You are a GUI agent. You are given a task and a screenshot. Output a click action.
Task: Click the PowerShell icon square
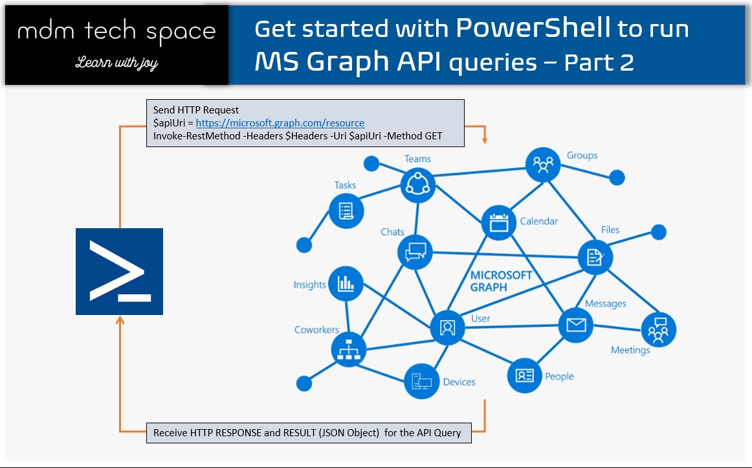pyautogui.click(x=119, y=272)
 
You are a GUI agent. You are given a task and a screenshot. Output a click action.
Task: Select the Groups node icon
pyautogui.click(x=542, y=165)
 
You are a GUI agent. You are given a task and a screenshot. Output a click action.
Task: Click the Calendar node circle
pyautogui.click(x=498, y=222)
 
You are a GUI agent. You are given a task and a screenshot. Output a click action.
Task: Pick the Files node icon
pyautogui.click(x=595, y=257)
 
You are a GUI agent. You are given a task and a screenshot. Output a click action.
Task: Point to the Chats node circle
pyautogui.click(x=415, y=252)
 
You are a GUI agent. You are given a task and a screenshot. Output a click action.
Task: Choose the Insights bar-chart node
pyautogui.click(x=346, y=284)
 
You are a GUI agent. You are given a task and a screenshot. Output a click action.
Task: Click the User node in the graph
pyautogui.click(x=447, y=327)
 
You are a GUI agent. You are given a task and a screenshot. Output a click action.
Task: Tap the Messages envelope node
pyautogui.click(x=575, y=323)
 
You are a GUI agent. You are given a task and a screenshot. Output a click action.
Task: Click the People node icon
pyautogui.click(x=524, y=375)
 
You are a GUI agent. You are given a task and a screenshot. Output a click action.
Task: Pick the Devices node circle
pyautogui.click(x=421, y=381)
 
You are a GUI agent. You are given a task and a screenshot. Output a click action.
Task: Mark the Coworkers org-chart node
pyautogui.click(x=348, y=350)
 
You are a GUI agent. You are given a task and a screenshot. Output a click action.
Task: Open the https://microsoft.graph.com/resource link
pyautogui.click(x=280, y=123)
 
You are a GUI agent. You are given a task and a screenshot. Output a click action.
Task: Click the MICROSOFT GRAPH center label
pyautogui.click(x=501, y=281)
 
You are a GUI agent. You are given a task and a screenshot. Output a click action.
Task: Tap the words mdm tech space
pyautogui.click(x=116, y=30)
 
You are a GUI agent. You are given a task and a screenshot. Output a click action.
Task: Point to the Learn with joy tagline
pyautogui.click(x=116, y=63)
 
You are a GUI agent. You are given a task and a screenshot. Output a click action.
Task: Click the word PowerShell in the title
pyautogui.click(x=533, y=28)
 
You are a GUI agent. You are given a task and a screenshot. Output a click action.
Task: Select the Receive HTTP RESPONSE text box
pyautogui.click(x=308, y=432)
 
